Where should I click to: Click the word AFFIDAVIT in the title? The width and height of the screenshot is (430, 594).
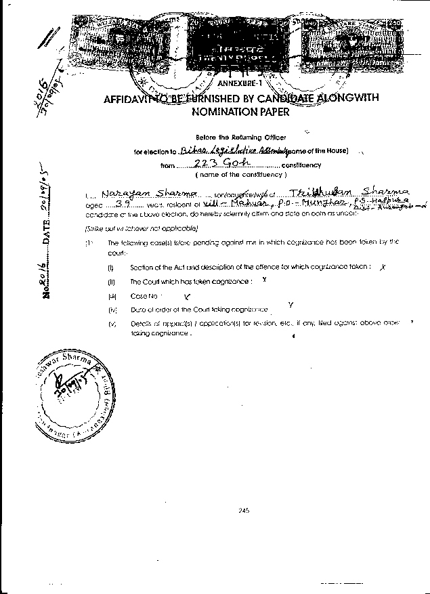tap(127, 98)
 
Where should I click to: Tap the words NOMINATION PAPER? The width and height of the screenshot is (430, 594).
tap(240, 112)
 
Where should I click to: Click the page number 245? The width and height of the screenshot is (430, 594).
tap(244, 511)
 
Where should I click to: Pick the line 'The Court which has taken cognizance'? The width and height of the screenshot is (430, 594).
tap(192, 282)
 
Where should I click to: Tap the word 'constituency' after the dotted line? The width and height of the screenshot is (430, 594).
tap(301, 165)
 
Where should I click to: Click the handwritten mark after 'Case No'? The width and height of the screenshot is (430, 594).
tap(188, 296)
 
